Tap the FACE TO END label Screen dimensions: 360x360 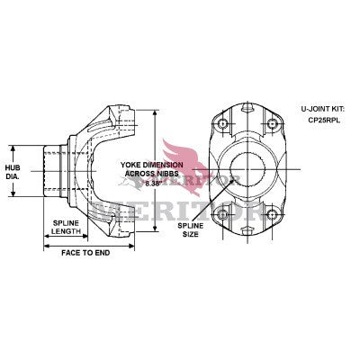[x=85, y=253]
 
